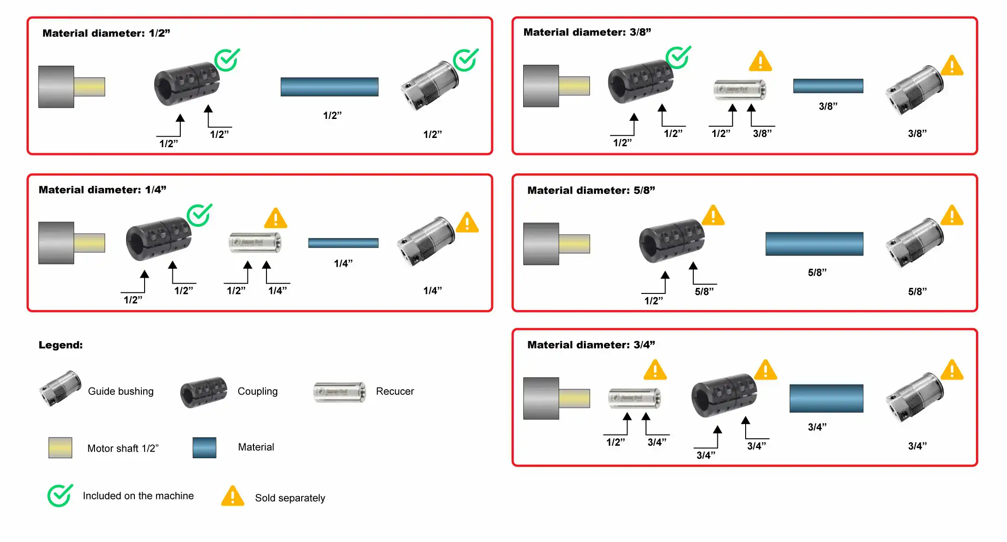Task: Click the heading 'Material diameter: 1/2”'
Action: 106,33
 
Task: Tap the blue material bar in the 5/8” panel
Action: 814,244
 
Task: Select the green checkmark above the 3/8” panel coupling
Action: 678,57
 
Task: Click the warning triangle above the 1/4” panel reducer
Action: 275,218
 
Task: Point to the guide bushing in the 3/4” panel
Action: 914,397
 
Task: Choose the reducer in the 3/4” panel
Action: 634,398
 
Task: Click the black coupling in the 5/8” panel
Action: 671,241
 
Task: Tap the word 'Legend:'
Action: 61,345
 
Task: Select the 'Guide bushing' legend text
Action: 120,391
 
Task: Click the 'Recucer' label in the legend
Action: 395,391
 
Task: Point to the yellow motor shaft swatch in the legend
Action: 60,448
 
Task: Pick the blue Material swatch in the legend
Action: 204,448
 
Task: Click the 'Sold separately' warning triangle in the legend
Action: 232,496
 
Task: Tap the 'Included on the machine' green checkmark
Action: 60,495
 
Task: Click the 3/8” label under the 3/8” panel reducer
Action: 762,134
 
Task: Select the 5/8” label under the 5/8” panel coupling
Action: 704,292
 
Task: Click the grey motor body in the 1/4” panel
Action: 56,243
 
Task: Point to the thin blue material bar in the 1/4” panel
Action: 343,243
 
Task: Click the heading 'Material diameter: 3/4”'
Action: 591,345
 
